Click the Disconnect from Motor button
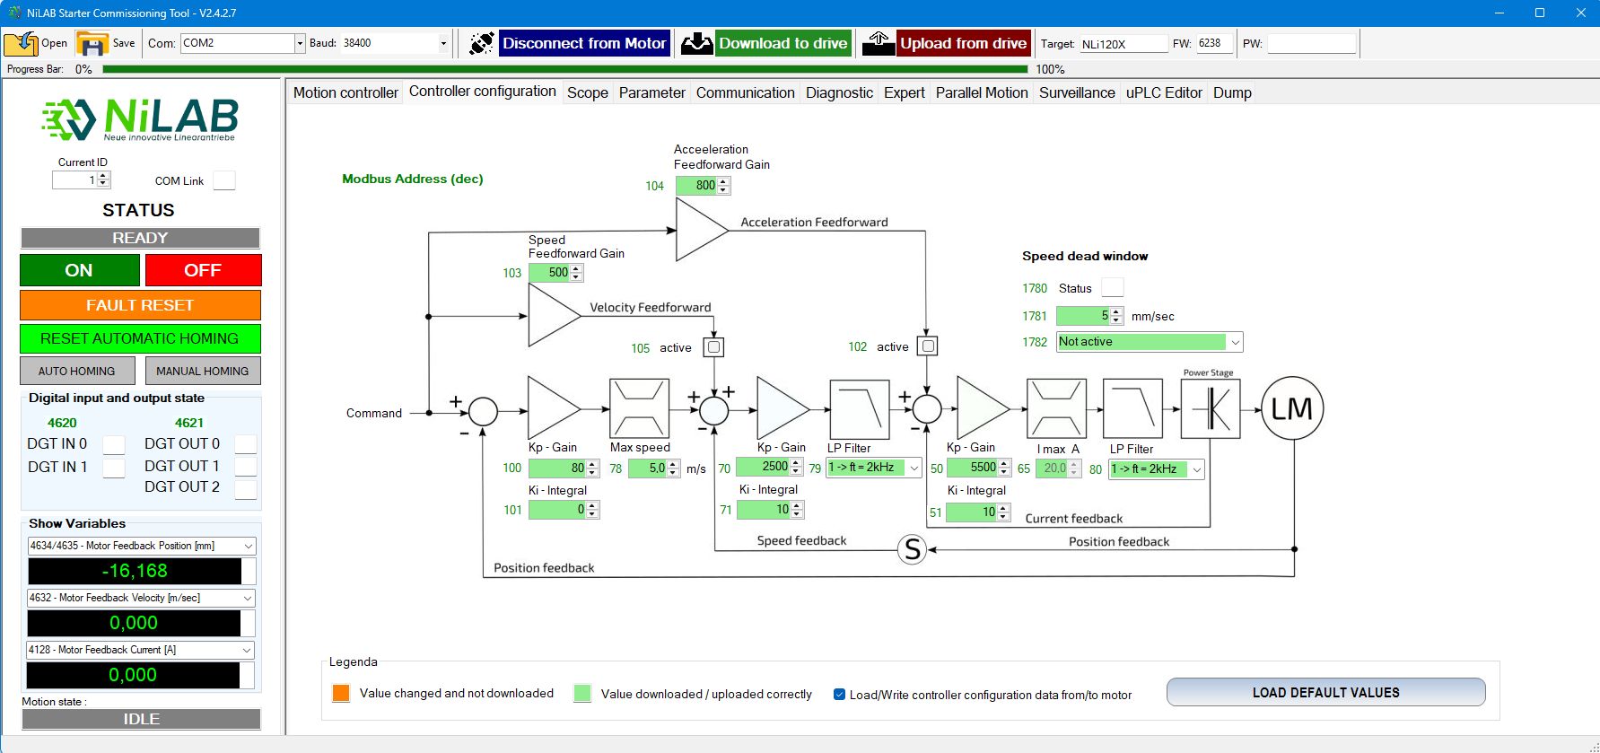583,43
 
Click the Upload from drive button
962,43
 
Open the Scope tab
588,92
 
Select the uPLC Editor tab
1164,92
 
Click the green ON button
79,270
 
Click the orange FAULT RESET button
140,305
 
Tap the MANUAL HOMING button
202,371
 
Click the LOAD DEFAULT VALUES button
1325,693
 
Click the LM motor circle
1291,409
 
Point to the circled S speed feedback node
912,549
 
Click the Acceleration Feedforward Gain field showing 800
697,186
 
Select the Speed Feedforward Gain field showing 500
550,273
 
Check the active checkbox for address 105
713,347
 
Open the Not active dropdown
1149,342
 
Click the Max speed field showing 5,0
649,468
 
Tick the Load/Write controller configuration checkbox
840,694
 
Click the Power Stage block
1210,409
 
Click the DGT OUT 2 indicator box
245,489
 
